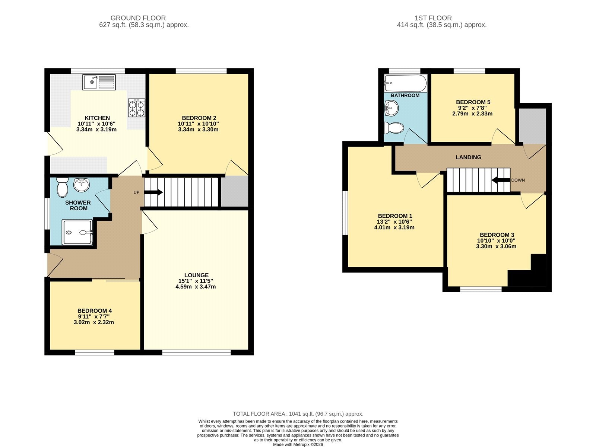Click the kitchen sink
click(99, 82)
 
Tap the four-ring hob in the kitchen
click(137, 108)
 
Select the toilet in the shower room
click(62, 187)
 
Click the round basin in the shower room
click(81, 185)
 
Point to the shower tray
click(77, 232)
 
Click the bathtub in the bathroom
click(406, 83)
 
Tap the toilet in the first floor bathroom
click(394, 128)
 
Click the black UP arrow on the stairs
click(153, 192)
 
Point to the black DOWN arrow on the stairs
click(501, 180)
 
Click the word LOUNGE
click(196, 275)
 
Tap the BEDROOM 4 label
click(95, 310)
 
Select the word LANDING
click(468, 157)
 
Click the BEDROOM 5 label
click(473, 102)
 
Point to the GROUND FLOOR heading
click(138, 18)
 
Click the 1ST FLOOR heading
click(433, 18)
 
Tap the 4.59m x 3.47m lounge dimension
click(196, 287)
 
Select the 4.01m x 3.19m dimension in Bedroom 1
click(394, 227)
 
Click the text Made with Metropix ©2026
click(298, 444)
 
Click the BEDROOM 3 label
click(497, 235)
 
